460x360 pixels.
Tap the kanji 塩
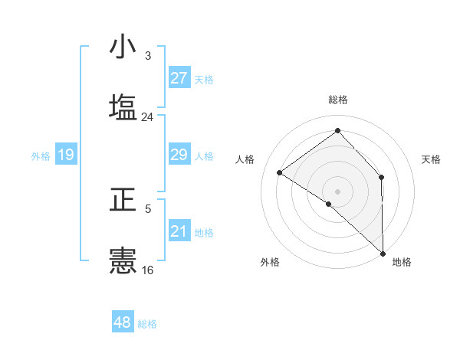(x=123, y=106)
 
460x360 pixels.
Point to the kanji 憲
(x=123, y=260)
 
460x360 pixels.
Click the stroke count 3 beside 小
(x=148, y=56)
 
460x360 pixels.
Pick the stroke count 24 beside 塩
(x=148, y=117)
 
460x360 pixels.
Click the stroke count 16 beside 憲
(x=148, y=270)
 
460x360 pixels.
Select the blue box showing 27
(x=179, y=78)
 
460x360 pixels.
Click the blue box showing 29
(x=179, y=155)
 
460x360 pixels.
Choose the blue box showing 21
(x=179, y=231)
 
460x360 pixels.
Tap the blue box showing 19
(x=66, y=155)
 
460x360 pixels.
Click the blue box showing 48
(x=123, y=322)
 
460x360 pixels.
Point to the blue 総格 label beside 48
(x=147, y=324)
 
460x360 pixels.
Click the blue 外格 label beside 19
(x=41, y=156)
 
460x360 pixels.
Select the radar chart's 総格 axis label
(x=338, y=100)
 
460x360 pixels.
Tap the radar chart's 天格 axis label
(x=432, y=159)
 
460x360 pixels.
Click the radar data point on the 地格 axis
(x=383, y=253)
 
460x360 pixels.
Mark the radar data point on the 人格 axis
(x=280, y=172)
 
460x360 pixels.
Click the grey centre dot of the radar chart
(x=338, y=191)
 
